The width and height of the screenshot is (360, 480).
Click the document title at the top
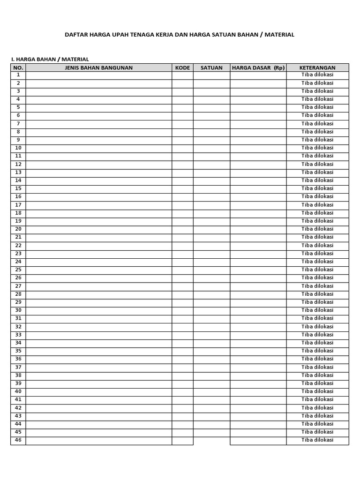(180, 35)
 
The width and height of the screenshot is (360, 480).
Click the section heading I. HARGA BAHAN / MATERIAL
(50, 60)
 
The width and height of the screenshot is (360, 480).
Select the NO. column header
(18, 67)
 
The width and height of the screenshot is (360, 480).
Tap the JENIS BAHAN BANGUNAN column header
(98, 67)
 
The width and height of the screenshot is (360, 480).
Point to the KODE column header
(182, 67)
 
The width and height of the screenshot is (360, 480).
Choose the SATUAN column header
(211, 67)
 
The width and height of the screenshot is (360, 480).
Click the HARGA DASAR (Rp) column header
(258, 67)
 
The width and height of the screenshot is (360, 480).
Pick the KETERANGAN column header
(317, 67)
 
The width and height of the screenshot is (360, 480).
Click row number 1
(18, 75)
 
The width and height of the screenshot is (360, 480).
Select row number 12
(18, 164)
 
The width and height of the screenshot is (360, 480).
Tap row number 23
(18, 254)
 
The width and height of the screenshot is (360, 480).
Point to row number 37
(18, 367)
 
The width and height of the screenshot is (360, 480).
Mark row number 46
(18, 440)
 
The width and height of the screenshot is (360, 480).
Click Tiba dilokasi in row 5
(317, 107)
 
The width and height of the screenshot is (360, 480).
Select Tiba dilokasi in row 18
(317, 213)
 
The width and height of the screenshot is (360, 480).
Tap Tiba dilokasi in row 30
(317, 310)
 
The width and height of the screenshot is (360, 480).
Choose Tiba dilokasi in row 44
(317, 424)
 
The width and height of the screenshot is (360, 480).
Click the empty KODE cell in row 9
(182, 140)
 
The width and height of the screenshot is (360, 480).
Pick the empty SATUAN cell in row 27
(211, 286)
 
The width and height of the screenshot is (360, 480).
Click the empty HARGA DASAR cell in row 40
(258, 391)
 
